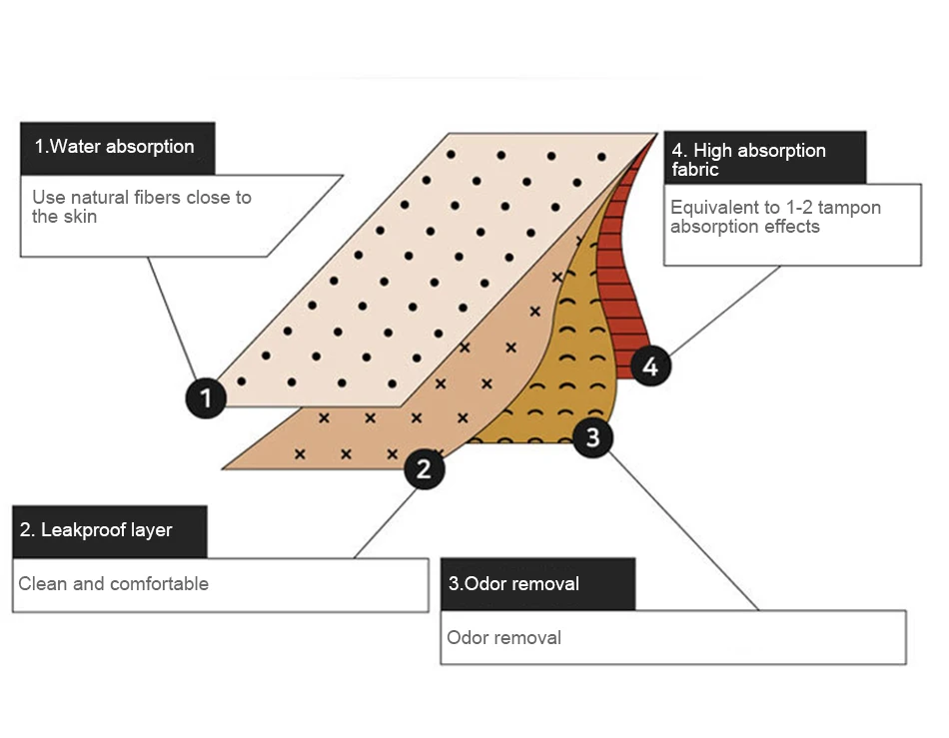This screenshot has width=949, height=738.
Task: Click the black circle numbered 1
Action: pyautogui.click(x=206, y=398)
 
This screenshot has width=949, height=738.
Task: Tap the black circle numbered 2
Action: pyautogui.click(x=425, y=467)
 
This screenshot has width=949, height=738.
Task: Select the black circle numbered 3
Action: pyautogui.click(x=592, y=436)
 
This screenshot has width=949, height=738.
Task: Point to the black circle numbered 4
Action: pyautogui.click(x=650, y=366)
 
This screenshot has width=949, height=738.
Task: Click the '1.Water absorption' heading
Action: pyautogui.click(x=115, y=147)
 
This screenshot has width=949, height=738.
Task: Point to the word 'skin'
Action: pyautogui.click(x=79, y=216)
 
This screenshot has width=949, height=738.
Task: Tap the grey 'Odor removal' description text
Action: pyautogui.click(x=504, y=637)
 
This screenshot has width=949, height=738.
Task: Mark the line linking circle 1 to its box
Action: pyautogui.click(x=172, y=317)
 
